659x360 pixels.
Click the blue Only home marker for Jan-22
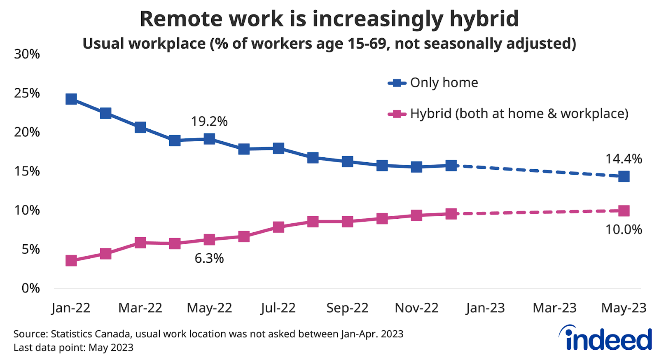pos(71,99)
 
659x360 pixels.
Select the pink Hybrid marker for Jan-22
pos(71,260)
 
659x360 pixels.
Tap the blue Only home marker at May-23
pos(624,176)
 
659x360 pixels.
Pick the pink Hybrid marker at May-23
pos(624,211)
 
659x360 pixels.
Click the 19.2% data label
pos(209,122)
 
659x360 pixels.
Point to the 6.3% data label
pos(209,258)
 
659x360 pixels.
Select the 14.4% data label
pos(624,159)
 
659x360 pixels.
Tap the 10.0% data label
pos(624,229)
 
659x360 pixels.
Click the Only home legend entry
pos(444,83)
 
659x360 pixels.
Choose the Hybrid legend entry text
pos(519,114)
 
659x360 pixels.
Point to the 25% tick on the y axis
pos(27,93)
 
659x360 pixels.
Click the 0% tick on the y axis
pos(31,288)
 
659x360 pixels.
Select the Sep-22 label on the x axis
pos(347,308)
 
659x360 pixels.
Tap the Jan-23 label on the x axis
pos(486,308)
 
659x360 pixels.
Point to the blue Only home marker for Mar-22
pos(140,127)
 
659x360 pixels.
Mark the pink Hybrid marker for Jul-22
pos(278,227)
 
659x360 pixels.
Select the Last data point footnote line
pos(73,348)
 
